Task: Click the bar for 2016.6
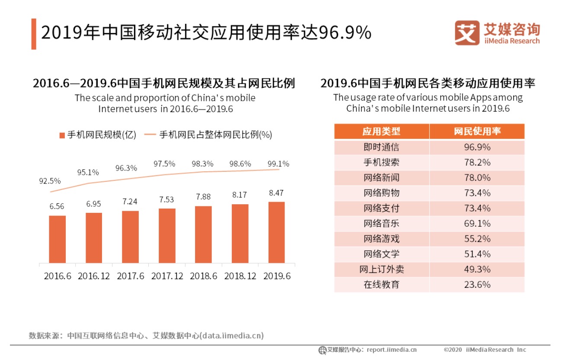click(x=57, y=239)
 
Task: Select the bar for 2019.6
click(x=276, y=232)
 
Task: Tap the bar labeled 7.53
click(x=167, y=236)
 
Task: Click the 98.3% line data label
click(x=202, y=164)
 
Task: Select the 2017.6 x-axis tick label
click(x=130, y=276)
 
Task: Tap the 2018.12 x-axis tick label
click(x=240, y=276)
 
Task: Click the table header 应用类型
click(x=381, y=131)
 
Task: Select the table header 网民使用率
click(x=477, y=131)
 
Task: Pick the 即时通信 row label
click(x=381, y=147)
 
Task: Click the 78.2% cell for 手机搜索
click(x=477, y=162)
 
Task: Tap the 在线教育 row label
click(x=381, y=284)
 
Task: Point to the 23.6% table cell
click(x=477, y=284)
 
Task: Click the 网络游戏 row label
click(x=381, y=238)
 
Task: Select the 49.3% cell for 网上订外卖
click(x=477, y=269)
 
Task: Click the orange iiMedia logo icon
click(x=467, y=32)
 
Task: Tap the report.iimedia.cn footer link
click(x=391, y=350)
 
